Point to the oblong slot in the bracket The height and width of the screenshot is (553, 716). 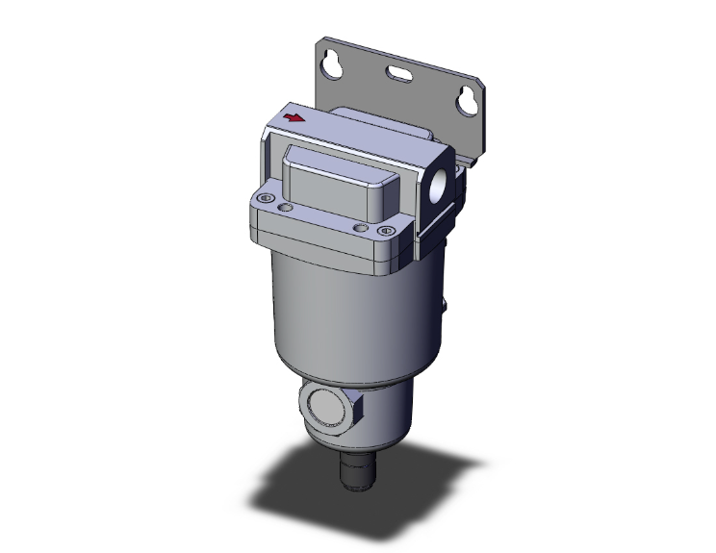tap(401, 73)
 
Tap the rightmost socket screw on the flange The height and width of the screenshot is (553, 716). tap(386, 231)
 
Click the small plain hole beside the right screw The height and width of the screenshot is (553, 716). tap(360, 227)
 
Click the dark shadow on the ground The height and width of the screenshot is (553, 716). tap(289, 490)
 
